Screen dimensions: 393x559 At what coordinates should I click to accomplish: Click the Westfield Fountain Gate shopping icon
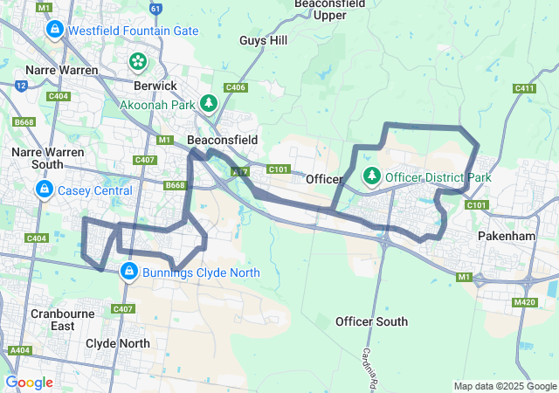(x=54, y=31)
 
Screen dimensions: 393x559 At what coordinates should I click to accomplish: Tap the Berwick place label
(x=155, y=86)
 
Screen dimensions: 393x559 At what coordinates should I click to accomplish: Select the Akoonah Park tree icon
(x=208, y=104)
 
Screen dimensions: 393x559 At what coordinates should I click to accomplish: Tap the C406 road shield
(x=235, y=87)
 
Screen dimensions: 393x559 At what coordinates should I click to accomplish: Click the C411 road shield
(x=524, y=88)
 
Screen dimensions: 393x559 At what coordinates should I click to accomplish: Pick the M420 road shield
(x=524, y=302)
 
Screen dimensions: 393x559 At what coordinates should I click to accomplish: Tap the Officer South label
(x=371, y=321)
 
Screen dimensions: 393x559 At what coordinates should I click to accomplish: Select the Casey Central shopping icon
(x=44, y=190)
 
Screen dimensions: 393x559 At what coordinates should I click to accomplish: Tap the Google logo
(x=29, y=382)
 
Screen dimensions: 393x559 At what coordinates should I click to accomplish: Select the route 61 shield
(x=155, y=9)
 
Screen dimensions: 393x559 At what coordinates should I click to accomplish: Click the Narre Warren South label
(x=48, y=157)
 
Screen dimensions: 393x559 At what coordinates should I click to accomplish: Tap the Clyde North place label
(x=118, y=343)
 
